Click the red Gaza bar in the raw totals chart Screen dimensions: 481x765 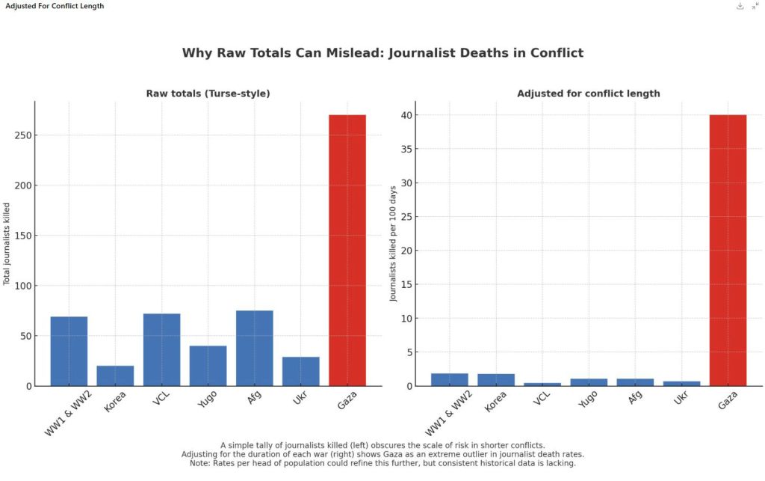point(347,250)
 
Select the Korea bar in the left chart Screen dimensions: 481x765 point(115,376)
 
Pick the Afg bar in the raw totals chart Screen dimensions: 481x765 point(255,348)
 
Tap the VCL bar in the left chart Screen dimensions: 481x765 point(161,349)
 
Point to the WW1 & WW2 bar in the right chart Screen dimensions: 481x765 point(450,379)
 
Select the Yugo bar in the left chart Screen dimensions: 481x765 point(208,366)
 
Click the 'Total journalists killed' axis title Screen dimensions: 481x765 point(7,243)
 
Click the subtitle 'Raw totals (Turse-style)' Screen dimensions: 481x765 point(208,94)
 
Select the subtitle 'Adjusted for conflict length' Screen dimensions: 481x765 point(589,94)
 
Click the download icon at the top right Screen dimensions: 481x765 point(740,6)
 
